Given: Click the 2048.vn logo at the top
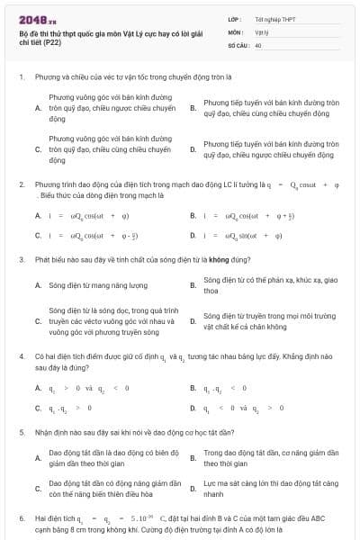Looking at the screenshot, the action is pos(36,17).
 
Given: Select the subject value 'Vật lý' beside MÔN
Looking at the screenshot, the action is pos(262,31).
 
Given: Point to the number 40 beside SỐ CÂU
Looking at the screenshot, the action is pos(258,43).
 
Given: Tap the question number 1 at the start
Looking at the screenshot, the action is pos(21,77).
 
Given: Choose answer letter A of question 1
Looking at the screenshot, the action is pos(38,108).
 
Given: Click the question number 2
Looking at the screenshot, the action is pos(21,184).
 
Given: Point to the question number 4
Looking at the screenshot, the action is pos(21,357).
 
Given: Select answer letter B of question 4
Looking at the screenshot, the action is pos(193,388).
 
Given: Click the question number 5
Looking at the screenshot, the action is pos(21,432).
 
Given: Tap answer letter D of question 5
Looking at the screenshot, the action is pos(193,489).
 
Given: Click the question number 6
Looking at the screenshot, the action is pos(21,518).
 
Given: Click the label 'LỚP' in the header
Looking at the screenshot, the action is pos(234,18).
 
